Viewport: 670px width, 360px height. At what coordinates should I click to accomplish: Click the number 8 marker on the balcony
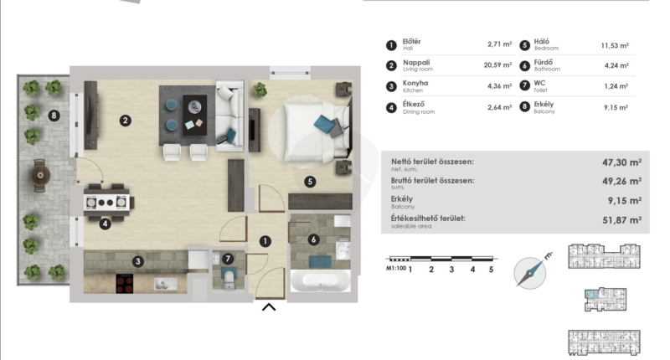click(x=54, y=116)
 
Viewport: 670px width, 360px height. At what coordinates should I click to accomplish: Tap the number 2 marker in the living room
click(x=125, y=121)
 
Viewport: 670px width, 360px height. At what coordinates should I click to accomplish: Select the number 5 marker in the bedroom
click(x=310, y=182)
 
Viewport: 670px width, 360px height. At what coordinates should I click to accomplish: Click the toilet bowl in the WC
click(x=229, y=278)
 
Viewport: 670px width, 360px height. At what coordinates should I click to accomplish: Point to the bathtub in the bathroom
click(x=321, y=280)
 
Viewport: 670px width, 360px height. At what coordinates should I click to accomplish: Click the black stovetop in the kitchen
click(x=124, y=284)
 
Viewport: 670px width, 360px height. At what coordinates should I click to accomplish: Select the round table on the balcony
click(x=40, y=175)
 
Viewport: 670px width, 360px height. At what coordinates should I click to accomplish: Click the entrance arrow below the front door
click(x=269, y=307)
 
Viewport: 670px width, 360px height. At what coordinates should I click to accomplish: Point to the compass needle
click(x=530, y=271)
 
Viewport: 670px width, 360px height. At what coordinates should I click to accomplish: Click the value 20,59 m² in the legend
click(x=497, y=65)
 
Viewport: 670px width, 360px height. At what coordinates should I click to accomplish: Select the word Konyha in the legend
click(x=415, y=83)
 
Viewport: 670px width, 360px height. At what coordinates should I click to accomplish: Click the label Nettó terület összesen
click(x=432, y=162)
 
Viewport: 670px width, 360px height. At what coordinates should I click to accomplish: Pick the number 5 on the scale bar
click(x=492, y=270)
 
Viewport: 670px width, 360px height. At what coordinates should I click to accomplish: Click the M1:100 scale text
click(x=396, y=269)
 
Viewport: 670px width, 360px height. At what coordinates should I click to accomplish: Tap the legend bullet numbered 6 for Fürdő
click(x=525, y=66)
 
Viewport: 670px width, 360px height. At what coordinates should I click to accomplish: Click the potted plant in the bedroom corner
click(x=260, y=90)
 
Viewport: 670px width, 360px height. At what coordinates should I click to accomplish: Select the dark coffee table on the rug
click(x=195, y=115)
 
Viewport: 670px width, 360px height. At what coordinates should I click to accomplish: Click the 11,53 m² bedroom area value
click(x=615, y=46)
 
